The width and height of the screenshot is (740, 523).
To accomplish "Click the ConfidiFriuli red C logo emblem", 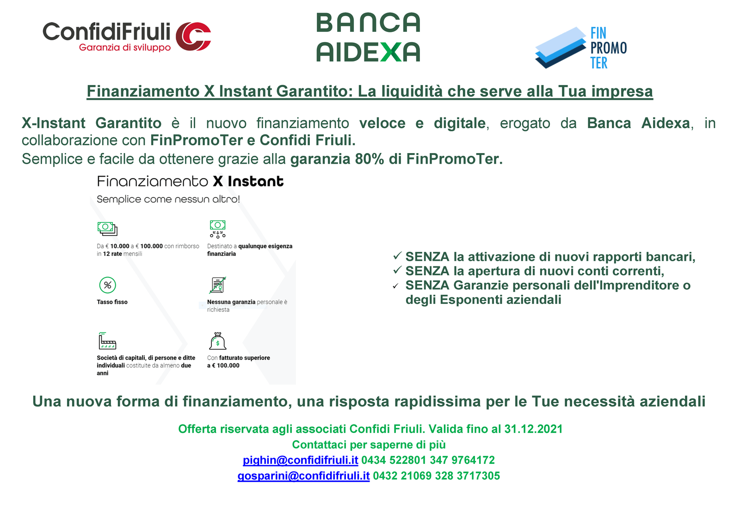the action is coord(193,37).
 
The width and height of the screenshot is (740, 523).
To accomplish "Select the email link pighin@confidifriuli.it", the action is coord(300,460).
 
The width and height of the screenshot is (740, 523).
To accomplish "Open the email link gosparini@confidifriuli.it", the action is coord(303,476).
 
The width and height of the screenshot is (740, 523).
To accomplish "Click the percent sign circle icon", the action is coord(107,285).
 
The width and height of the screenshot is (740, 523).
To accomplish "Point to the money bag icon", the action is coord(218,341).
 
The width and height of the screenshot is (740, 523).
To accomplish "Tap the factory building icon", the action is coord(107,341).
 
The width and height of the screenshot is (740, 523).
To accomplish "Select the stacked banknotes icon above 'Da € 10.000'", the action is coord(107,228).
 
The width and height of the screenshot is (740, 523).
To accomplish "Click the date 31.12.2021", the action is coord(533,429).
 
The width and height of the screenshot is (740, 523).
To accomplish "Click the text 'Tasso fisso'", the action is coord(112,302).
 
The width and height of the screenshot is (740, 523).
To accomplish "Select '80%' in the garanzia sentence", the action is coord(370,159).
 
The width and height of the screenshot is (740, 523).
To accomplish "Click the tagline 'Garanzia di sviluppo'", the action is coord(125,48).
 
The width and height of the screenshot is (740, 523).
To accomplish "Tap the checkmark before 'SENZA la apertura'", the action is coord(397,270).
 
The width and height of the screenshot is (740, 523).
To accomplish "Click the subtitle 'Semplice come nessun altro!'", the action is coord(168,199).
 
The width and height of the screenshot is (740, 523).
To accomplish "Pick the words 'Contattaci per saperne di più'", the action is coord(369,445).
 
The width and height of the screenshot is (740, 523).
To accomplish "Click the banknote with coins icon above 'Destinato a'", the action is coord(218,229).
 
